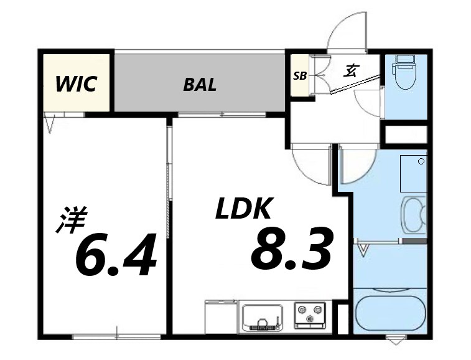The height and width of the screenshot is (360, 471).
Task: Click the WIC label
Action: tap(76, 84)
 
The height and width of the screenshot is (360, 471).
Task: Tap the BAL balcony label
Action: tap(200, 85)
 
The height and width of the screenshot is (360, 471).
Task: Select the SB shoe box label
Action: tap(300, 76)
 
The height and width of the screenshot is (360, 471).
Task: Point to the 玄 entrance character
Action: tap(350, 71)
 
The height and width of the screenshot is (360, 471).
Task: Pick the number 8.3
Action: tap(292, 248)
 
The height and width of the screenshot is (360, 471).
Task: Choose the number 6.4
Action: tap(116, 253)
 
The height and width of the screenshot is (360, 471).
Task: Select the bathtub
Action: tap(390, 313)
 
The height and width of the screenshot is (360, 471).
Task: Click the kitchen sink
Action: tap(263, 317)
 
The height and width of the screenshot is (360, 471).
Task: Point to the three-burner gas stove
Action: tap(310, 315)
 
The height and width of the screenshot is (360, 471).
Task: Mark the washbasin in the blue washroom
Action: tap(414, 214)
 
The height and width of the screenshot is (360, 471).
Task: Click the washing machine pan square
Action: tap(413, 174)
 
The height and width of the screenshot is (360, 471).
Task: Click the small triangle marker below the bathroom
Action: tap(396, 341)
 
